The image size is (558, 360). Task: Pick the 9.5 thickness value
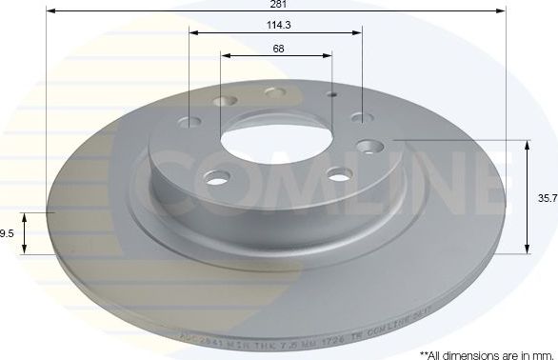7,231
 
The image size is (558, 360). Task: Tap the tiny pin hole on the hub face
331,95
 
